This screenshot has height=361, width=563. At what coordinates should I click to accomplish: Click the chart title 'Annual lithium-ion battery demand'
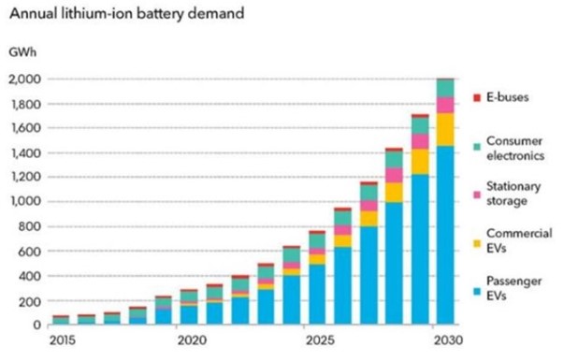[127, 14]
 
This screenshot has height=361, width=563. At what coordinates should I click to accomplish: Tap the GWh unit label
[22, 52]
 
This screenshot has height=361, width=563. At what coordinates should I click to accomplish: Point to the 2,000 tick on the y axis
[25, 79]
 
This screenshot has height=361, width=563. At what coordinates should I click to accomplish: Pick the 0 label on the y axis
[37, 325]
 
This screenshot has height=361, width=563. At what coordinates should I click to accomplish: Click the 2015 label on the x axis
[63, 340]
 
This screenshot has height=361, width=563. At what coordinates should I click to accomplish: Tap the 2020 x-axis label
[193, 340]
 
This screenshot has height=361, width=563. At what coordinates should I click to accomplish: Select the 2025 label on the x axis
[320, 340]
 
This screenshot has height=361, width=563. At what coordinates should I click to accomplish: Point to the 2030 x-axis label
[449, 340]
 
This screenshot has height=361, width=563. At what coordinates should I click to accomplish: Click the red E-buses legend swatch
[477, 97]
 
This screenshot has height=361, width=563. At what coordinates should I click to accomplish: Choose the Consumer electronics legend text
[515, 149]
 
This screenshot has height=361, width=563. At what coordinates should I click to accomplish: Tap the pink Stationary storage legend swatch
[477, 195]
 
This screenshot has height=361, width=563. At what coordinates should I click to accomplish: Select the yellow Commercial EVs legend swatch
[477, 243]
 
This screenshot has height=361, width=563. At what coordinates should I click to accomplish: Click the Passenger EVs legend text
[513, 288]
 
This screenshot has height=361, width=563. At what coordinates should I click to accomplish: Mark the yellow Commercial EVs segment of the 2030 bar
[445, 130]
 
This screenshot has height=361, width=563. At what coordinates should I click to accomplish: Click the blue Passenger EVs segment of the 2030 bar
[445, 236]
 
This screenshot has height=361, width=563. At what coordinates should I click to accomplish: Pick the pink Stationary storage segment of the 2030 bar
[445, 106]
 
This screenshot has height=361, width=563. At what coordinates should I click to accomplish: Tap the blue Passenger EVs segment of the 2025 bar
[317, 295]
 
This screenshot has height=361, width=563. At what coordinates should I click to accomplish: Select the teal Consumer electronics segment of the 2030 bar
[445, 88]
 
